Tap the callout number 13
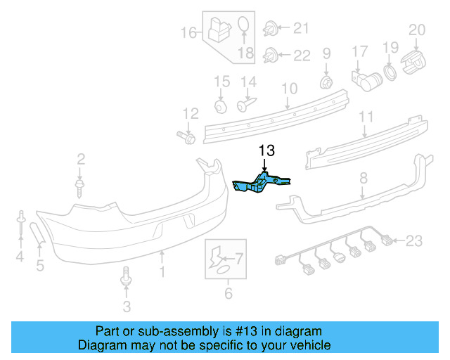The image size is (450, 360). point(267,150)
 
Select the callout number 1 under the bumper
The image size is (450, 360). point(162,271)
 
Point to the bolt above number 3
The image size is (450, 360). point(127,277)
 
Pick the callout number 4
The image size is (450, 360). point(20,257)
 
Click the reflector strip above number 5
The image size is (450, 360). point(38,233)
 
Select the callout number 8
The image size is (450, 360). point(363,179)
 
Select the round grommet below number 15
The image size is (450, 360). point(221,106)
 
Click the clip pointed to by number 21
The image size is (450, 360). point(270,30)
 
